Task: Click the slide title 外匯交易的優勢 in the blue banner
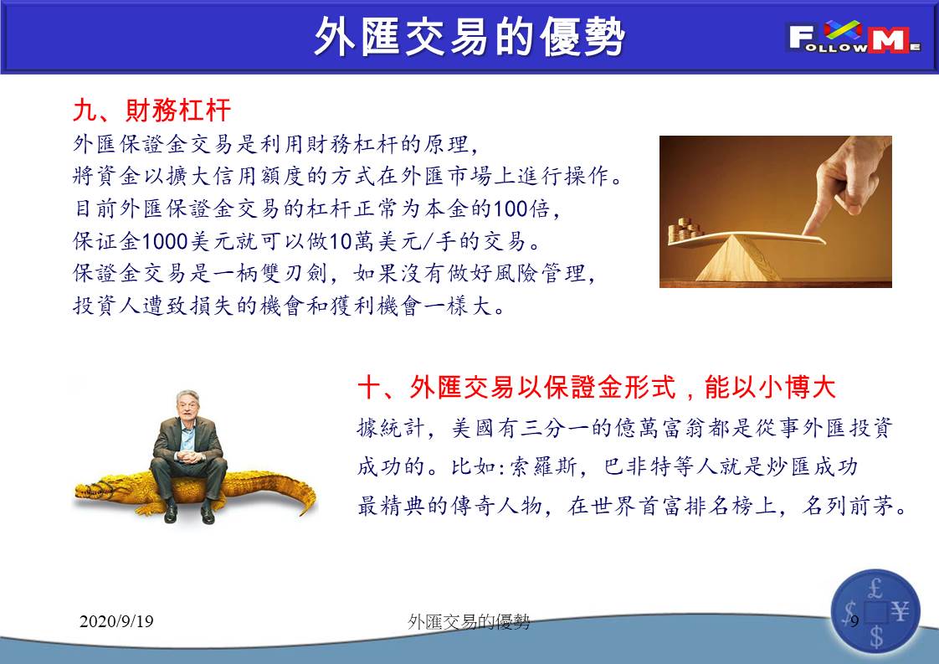tap(469, 37)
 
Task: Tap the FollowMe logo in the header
tap(854, 37)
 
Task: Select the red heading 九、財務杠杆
tap(151, 111)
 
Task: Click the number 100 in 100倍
tap(511, 208)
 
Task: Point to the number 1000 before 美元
tap(165, 241)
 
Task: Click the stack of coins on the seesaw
tap(685, 229)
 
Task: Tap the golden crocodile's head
tap(95, 492)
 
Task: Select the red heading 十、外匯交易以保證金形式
tap(517, 387)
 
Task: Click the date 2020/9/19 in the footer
tap(116, 620)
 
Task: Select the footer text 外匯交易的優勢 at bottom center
tap(469, 622)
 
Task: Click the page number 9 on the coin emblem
tap(854, 620)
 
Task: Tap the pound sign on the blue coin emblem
tap(875, 589)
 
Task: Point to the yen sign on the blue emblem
tap(900, 612)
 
